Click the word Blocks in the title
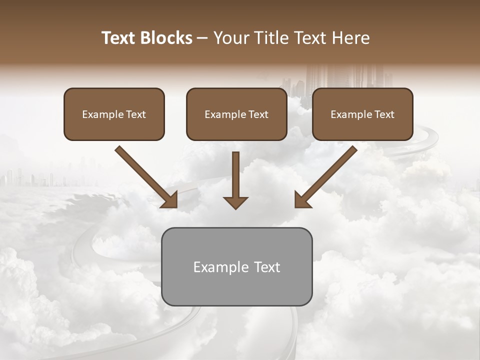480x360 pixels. (166, 38)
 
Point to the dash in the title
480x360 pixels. (202, 38)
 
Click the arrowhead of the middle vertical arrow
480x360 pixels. (235, 202)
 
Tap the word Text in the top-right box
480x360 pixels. (384, 114)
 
